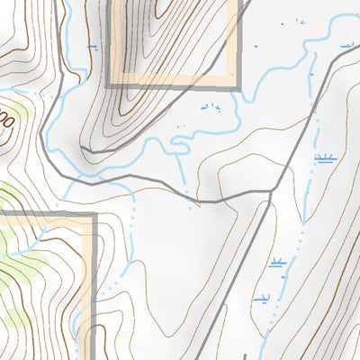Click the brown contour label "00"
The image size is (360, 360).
[x=7, y=118]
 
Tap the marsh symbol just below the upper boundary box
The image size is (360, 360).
[x=210, y=108]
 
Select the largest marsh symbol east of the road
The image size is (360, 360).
[x=325, y=159]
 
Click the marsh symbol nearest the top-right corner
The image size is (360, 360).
[x=345, y=42]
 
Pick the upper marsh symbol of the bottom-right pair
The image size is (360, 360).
[x=277, y=264]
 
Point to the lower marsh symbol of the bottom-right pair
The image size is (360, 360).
[x=263, y=298]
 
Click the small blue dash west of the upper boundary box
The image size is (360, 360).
[x=91, y=44]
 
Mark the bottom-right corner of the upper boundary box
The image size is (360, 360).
[x=239, y=86]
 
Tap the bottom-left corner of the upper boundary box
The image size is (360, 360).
[x=109, y=86]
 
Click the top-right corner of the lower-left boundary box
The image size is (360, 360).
[x=94, y=215]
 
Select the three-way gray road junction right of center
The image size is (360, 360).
[x=272, y=193]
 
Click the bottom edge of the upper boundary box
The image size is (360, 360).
[x=171, y=86]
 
